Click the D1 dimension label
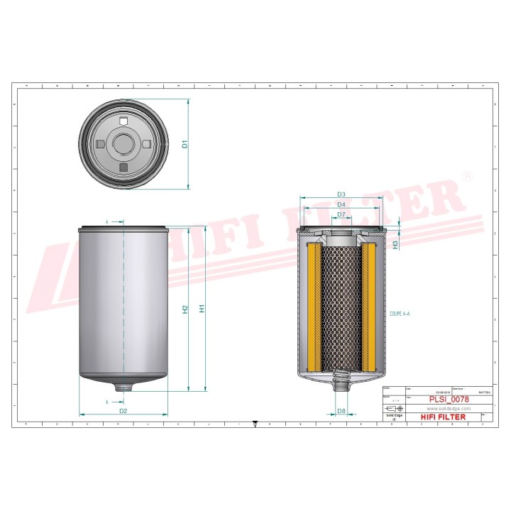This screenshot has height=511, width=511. pos(185,144)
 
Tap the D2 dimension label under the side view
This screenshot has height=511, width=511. pos(123,410)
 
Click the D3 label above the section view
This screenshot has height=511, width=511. pos(341,194)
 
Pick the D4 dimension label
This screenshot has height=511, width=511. pos(341,205)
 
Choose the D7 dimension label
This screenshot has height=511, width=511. pos(341,214)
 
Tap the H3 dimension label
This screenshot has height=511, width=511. pos(395,243)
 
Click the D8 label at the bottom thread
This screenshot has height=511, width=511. pos(341,411)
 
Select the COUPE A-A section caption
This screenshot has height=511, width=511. pos(400,312)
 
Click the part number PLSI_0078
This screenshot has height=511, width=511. pos(447,400)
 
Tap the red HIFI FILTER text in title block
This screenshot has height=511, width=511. pos(444,417)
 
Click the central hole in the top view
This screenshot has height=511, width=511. pos(123,143)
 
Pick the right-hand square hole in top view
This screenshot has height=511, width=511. pos(147,143)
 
